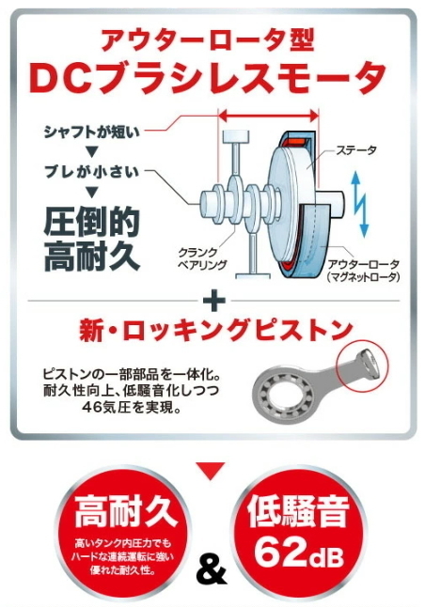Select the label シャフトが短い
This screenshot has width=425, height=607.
pos(91,132)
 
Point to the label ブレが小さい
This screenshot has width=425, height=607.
pos(91,172)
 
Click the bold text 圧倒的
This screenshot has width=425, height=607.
pos(91,222)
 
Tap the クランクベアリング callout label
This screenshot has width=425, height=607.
pos(202,258)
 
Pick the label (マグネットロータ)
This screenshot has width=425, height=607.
pos(363,277)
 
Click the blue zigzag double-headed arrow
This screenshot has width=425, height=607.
pos(359,204)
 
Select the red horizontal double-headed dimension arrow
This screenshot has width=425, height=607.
pos(269,115)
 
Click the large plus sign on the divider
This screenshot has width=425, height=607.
pos(213,301)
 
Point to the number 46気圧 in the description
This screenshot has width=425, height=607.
pos(105,407)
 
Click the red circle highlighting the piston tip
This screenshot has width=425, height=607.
pos(362,341)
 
